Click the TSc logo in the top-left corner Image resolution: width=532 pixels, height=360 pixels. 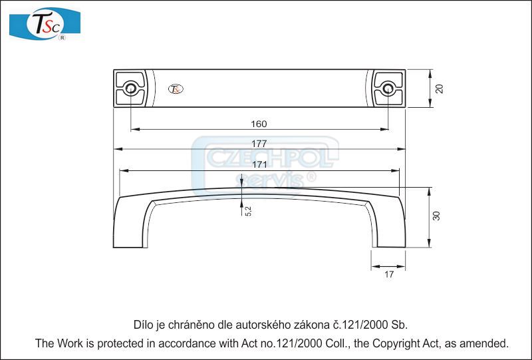[45, 25]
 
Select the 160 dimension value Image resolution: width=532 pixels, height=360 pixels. [259, 124]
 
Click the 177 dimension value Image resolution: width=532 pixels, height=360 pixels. [259, 144]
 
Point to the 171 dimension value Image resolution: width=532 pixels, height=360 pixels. [259, 164]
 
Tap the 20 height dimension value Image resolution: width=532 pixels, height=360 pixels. [439, 89]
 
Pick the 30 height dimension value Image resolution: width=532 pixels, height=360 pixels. [436, 216]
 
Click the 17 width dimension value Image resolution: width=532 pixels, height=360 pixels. [389, 274]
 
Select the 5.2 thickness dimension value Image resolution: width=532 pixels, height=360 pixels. [248, 211]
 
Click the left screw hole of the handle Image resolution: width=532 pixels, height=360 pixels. [130, 88]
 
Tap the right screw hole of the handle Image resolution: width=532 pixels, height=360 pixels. [388, 88]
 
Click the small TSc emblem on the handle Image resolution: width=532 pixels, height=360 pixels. [176, 89]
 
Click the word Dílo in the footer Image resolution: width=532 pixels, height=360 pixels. [144, 325]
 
